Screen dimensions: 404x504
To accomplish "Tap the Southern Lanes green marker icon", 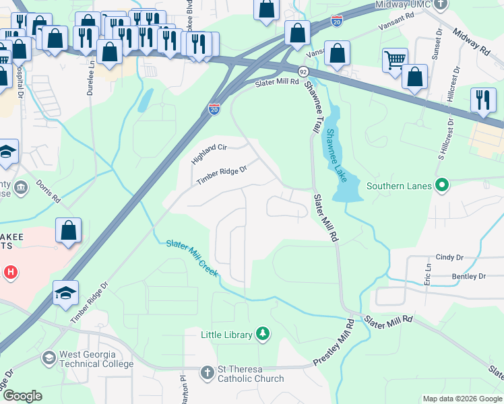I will tap(442, 184).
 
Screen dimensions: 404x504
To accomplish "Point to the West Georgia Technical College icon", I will tap(49, 358).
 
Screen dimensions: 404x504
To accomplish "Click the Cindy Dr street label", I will tap(450, 257).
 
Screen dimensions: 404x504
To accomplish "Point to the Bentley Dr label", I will tap(468, 276).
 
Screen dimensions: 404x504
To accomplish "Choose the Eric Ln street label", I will tap(427, 273).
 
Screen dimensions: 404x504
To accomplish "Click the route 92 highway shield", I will tap(303, 70).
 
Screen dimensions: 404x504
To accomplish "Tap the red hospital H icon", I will tap(11, 273).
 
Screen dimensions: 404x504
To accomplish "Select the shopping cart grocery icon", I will tap(395, 60).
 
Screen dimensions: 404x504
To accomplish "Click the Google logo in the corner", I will tap(22, 396).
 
